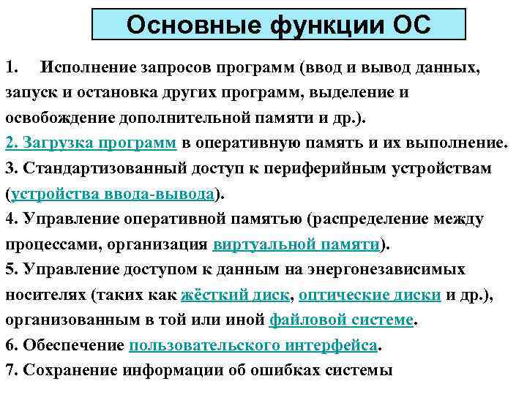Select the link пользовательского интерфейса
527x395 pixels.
[254, 345]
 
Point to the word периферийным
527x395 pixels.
[332, 169]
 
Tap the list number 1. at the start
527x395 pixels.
[11, 68]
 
